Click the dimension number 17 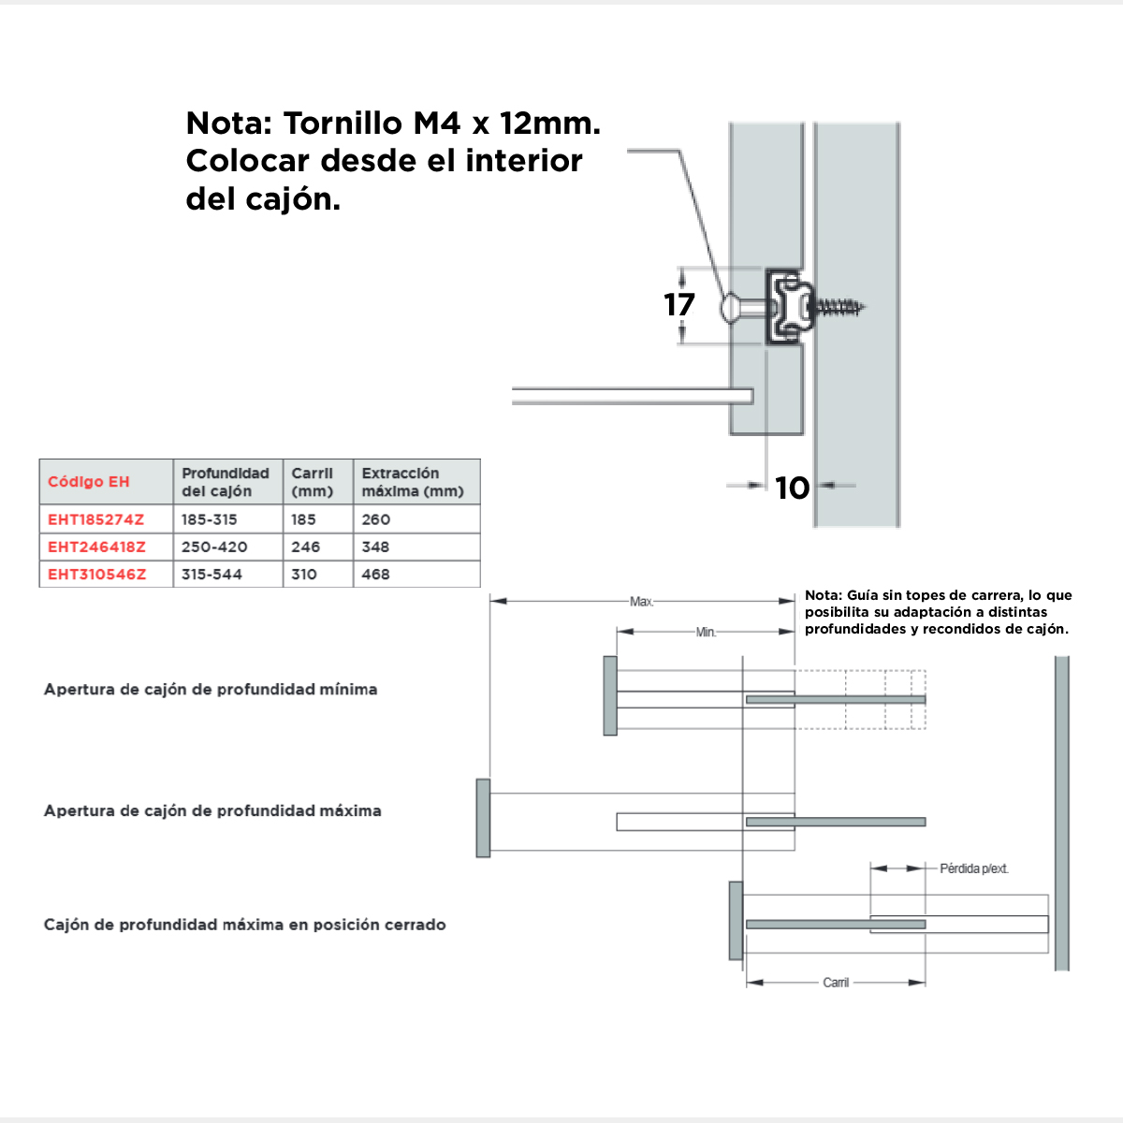pos(679,305)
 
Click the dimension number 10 pos(792,488)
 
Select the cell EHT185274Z pos(96,519)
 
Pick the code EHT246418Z pos(97,547)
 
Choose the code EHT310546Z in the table pos(97,575)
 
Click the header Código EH pos(89,482)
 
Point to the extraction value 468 pos(375,575)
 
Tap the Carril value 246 pos(305,547)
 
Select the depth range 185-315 pos(210,519)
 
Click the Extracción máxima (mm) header pos(413,482)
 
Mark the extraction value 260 pos(375,519)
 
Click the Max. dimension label pos(642,602)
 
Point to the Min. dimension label pos(707,633)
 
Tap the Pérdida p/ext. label pos(974,868)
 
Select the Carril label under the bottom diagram pos(836,983)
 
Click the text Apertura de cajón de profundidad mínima pos(211,690)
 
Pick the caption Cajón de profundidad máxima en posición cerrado pos(244,925)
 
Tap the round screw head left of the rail pos(731,307)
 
